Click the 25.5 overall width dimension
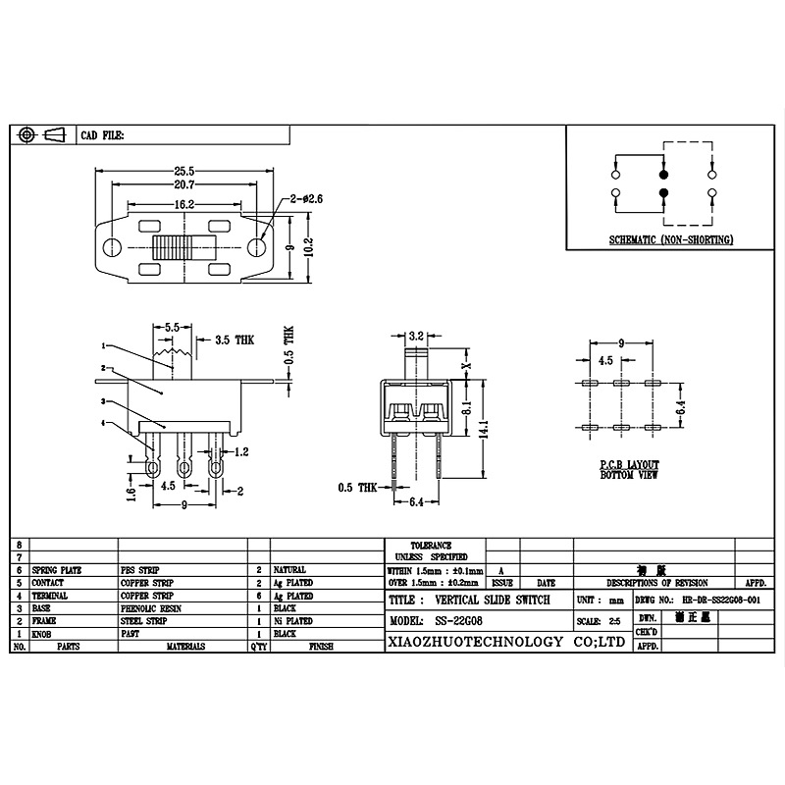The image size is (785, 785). pos(184,169)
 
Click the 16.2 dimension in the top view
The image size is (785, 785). pos(184,204)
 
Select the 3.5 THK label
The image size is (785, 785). pos(232,340)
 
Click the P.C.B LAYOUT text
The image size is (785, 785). pos(630,463)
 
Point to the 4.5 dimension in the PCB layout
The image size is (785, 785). pos(605,360)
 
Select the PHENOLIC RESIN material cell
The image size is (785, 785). pos(153,608)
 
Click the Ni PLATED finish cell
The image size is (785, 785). pos(293,621)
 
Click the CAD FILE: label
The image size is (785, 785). pos(101,134)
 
